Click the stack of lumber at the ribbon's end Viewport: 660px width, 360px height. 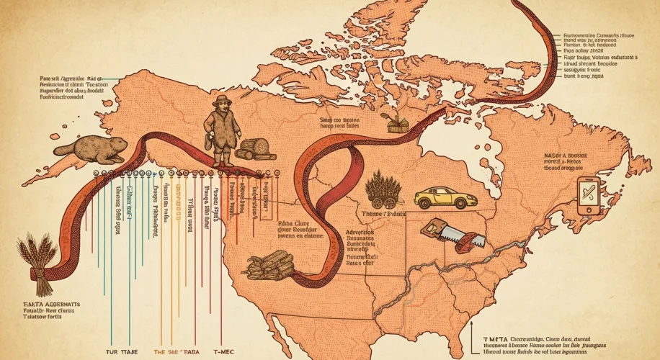click(271, 267)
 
